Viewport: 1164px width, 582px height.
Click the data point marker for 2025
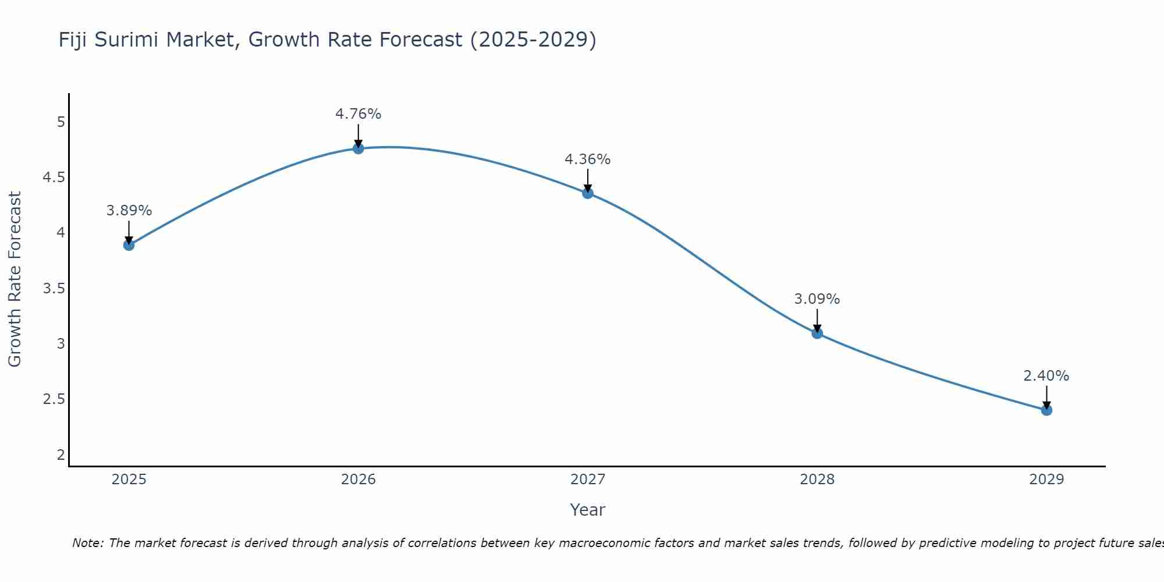coord(129,245)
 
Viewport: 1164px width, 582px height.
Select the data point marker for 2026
coord(359,148)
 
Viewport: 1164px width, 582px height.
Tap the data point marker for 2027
coord(588,193)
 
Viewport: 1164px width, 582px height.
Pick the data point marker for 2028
coord(817,333)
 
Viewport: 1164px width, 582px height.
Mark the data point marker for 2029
coord(1046,410)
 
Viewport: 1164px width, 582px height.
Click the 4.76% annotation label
coord(359,114)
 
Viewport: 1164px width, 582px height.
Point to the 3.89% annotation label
coord(129,211)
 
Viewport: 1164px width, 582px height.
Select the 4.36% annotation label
coord(588,159)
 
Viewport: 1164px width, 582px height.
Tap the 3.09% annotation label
coord(817,299)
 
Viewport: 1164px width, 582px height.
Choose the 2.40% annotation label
coord(1046,376)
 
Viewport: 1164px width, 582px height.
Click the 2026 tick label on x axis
coord(359,480)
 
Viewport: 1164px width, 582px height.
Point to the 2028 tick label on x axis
coord(817,480)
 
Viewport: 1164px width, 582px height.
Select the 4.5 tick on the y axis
coord(54,178)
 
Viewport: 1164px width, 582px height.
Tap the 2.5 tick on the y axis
coord(54,399)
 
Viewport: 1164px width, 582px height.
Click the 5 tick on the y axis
coord(61,122)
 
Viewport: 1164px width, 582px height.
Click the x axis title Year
coord(588,510)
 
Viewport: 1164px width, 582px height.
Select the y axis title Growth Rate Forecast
coord(15,279)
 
